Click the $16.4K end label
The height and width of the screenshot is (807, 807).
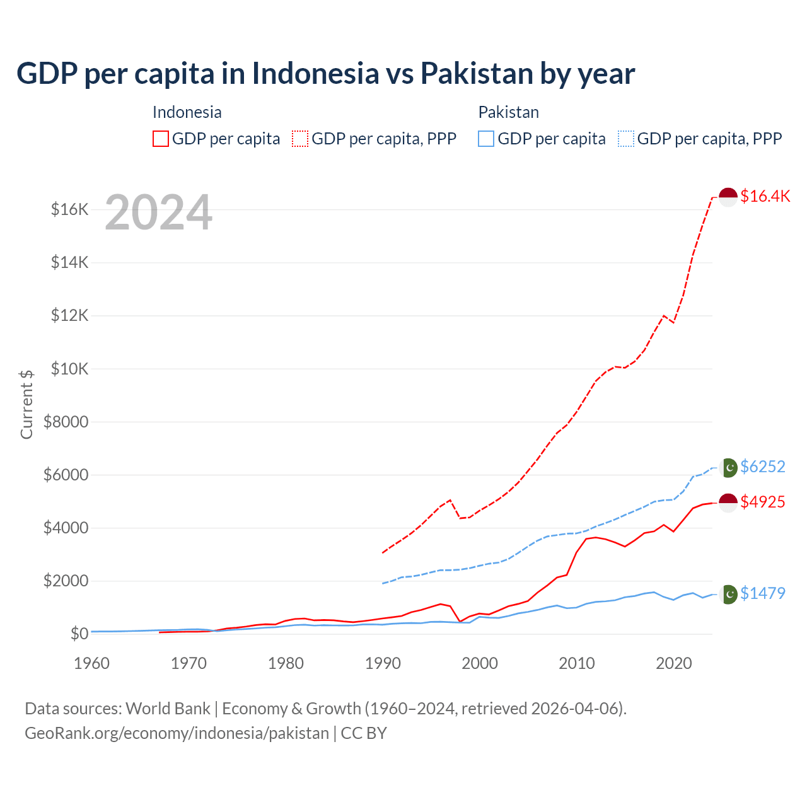pyautogui.click(x=765, y=196)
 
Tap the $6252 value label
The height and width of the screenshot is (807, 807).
pyautogui.click(x=762, y=467)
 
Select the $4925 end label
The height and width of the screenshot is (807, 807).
pyautogui.click(x=762, y=502)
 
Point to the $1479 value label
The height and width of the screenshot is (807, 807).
pyautogui.click(x=762, y=593)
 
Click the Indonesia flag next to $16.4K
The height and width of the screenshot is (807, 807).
pyautogui.click(x=728, y=197)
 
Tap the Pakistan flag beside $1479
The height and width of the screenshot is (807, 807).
pyautogui.click(x=729, y=594)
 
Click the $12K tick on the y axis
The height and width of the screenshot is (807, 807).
pyautogui.click(x=69, y=315)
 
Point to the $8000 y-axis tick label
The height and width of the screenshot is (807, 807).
pyautogui.click(x=66, y=422)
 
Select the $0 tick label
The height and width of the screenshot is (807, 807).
pyautogui.click(x=79, y=634)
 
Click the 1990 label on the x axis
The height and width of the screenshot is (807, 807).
pyautogui.click(x=383, y=663)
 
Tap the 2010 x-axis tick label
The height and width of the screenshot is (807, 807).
pyautogui.click(x=577, y=663)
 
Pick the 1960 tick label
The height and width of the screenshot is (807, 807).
pyautogui.click(x=92, y=663)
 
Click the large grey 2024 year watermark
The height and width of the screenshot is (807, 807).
pyautogui.click(x=158, y=213)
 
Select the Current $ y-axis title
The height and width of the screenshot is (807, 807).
pyautogui.click(x=26, y=404)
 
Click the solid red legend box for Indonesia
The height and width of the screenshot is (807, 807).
pyautogui.click(x=161, y=139)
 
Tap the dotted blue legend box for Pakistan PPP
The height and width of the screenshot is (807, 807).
pyautogui.click(x=626, y=139)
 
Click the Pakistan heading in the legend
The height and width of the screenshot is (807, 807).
pyautogui.click(x=508, y=112)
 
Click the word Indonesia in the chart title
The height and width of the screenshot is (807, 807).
pyautogui.click(x=315, y=73)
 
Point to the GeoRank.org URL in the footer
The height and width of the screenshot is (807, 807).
pyautogui.click(x=177, y=733)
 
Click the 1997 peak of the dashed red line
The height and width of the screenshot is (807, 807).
pyautogui.click(x=450, y=500)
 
